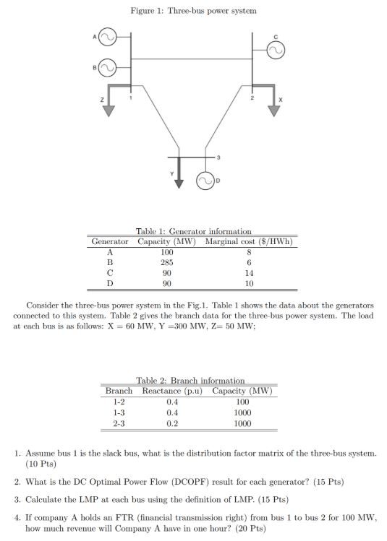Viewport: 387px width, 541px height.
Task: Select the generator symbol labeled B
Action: pos(107,68)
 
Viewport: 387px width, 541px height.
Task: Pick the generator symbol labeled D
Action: pos(203,181)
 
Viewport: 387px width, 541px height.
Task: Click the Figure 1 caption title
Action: pos(193,11)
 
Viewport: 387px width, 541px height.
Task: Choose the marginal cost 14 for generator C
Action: pos(249,274)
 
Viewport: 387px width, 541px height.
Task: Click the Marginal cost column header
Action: pos(249,241)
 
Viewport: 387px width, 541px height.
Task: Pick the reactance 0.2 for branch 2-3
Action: pos(171,424)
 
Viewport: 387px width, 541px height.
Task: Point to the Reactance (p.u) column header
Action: pos(171,391)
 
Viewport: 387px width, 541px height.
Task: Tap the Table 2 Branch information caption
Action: pos(191,380)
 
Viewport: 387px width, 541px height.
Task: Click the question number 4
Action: pos(17,518)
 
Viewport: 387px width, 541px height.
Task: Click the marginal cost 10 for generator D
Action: pos(249,285)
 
